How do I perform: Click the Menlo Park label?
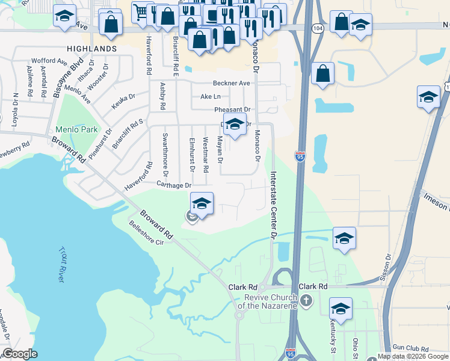76,129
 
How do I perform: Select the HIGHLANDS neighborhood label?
92,48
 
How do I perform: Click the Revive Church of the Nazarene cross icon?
306,300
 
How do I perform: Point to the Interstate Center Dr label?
273,206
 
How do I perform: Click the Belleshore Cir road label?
146,234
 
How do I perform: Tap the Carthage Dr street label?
174,185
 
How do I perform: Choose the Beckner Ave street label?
231,83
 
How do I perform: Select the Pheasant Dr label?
232,110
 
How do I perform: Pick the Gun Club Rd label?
410,348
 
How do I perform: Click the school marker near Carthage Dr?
202,203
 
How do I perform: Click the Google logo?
20,354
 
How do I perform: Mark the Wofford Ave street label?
50,61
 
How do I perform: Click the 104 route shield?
317,28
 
